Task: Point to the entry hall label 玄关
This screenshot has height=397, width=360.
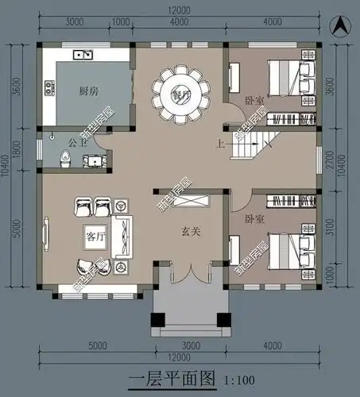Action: click(x=184, y=231)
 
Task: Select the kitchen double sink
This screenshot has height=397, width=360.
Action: click(x=83, y=55)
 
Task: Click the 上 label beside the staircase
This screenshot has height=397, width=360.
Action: click(x=220, y=145)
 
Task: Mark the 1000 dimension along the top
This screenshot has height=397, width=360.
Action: click(x=122, y=21)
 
